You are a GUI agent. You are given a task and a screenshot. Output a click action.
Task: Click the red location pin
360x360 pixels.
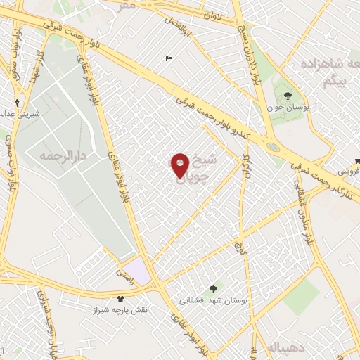point(181,167)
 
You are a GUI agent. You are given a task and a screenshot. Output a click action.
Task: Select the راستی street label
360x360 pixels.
point(125,269)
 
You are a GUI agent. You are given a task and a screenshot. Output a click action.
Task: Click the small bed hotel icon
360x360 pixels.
point(168,59)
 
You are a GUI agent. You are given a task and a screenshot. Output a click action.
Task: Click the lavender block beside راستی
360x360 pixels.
point(140,271)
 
